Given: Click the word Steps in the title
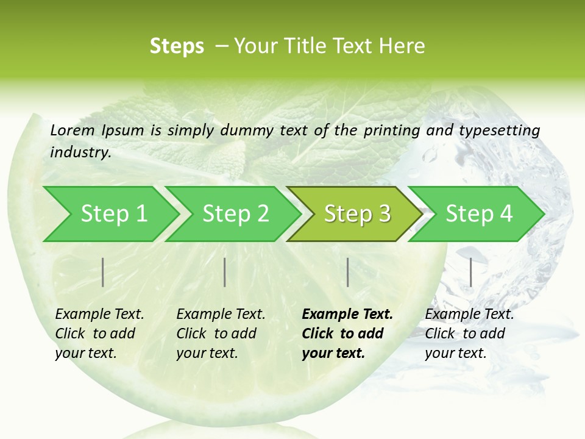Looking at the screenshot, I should click(177, 46).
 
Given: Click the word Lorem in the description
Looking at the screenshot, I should click(72, 130).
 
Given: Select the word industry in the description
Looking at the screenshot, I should click(80, 152).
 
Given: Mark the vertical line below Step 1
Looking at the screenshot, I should click(103, 272).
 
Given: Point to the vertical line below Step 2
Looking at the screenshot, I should click(225, 272).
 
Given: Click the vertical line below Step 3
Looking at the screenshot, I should click(347, 272).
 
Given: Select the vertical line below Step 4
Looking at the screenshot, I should click(470, 272).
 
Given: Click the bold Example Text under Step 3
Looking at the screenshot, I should click(347, 315).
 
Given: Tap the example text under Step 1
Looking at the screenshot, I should click(99, 334).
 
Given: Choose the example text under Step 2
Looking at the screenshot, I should click(221, 334).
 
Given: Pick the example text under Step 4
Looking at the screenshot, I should click(469, 334).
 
